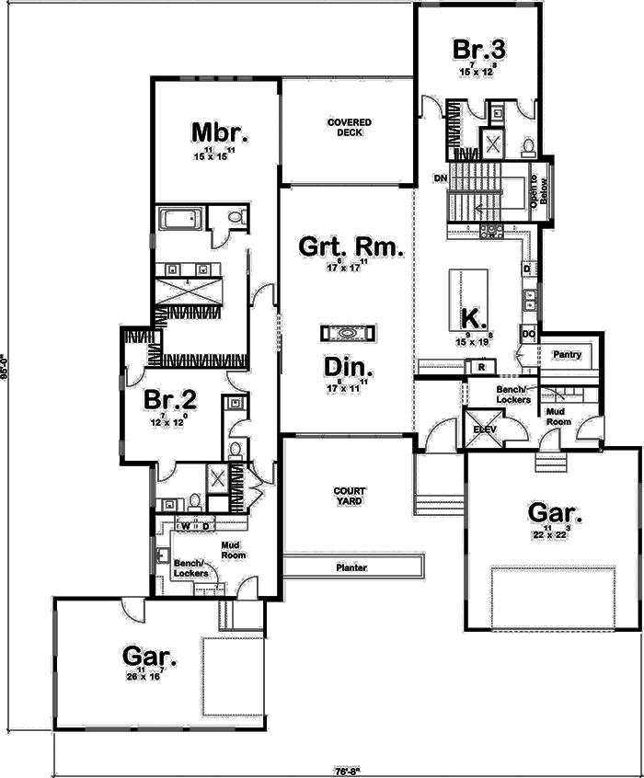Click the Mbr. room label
point(220,132)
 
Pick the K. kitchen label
point(473,318)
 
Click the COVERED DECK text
point(349,127)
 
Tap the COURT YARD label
point(349,497)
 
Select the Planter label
point(351,567)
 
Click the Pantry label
point(564,354)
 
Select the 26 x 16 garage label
point(147,676)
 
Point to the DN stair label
point(440,177)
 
